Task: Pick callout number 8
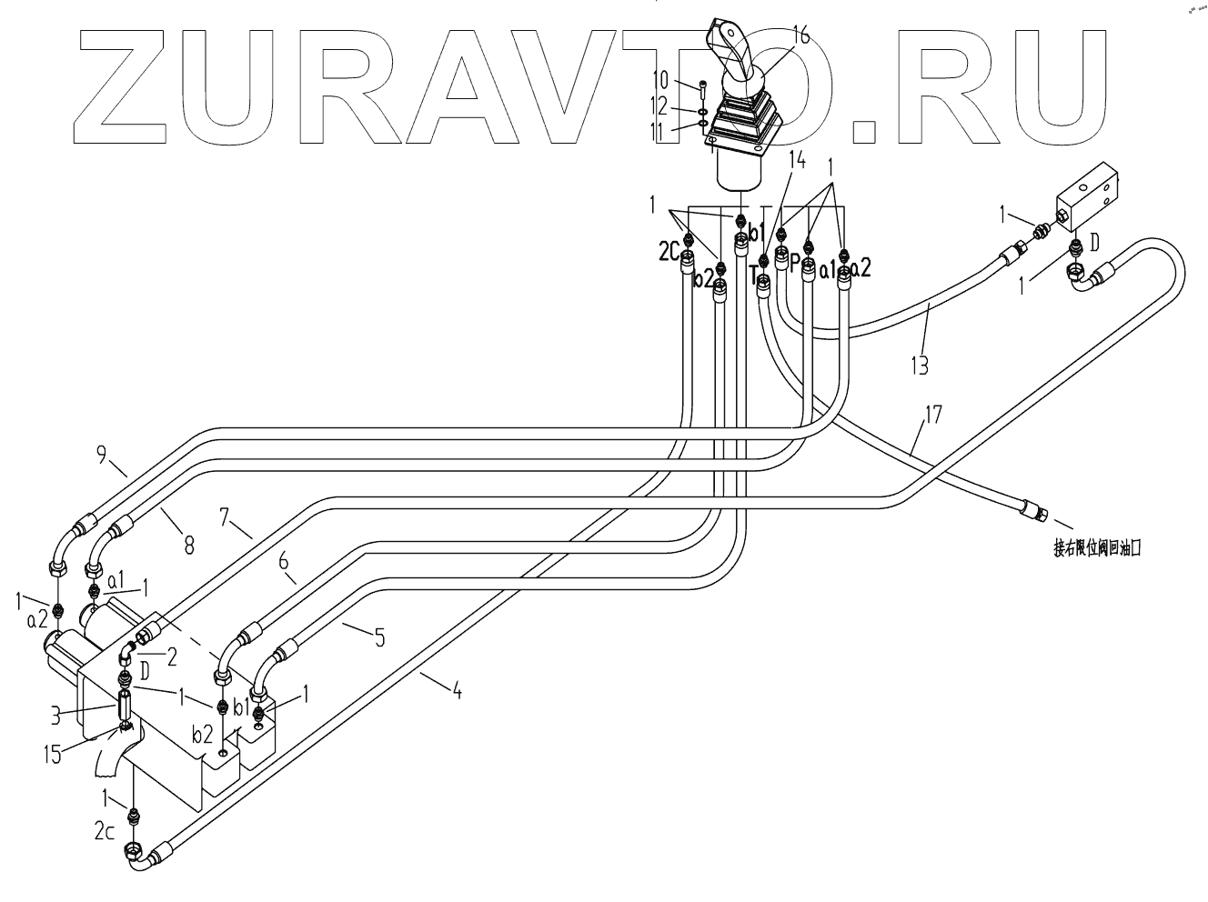(188, 544)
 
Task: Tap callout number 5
(378, 636)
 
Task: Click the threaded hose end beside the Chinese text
(1035, 510)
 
